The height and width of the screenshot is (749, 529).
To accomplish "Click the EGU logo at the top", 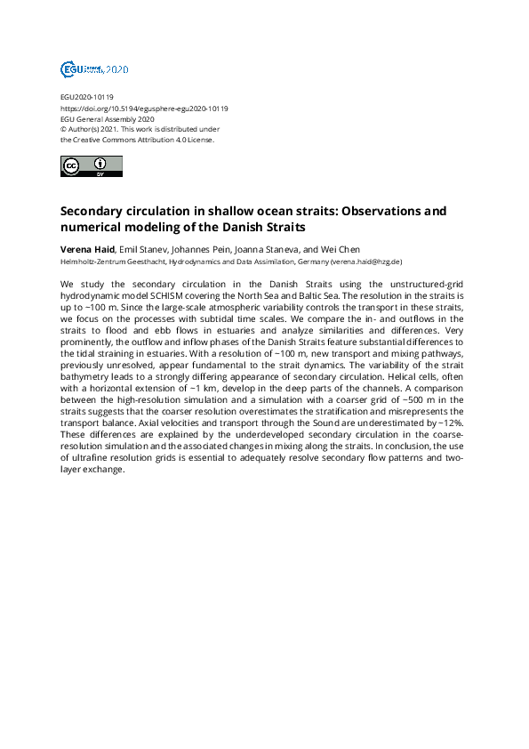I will pyautogui.click(x=94, y=68).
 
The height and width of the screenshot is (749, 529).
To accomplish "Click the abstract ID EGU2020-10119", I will pyautogui.click(x=86, y=97).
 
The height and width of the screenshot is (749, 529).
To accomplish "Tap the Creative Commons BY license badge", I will pyautogui.click(x=91, y=165).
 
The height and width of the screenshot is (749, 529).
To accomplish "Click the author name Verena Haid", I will pyautogui.click(x=87, y=249).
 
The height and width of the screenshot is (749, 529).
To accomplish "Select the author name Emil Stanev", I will pyautogui.click(x=143, y=249).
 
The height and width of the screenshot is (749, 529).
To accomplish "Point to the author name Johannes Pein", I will pyautogui.click(x=207, y=249).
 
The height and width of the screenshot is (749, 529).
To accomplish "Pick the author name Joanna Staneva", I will pyautogui.click(x=278, y=249).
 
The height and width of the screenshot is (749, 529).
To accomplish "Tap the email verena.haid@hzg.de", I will pyautogui.click(x=366, y=262).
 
